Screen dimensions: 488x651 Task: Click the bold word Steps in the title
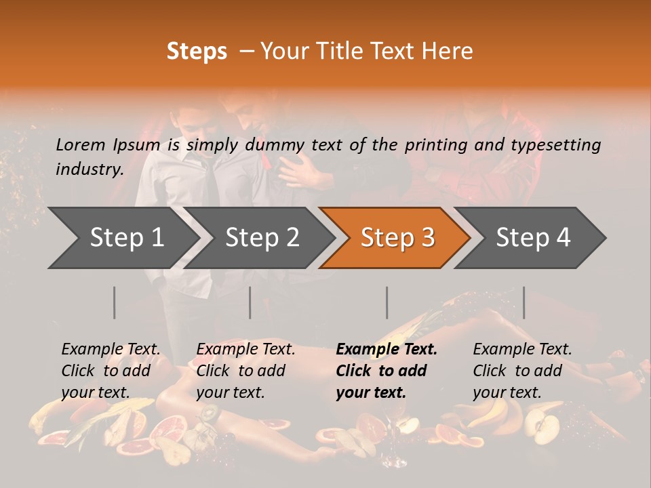coord(197,52)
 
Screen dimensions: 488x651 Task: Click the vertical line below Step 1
coord(115,302)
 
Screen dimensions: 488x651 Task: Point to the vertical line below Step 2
coord(250,302)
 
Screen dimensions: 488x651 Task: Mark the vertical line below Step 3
coord(387,302)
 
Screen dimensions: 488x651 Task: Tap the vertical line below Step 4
coord(524,302)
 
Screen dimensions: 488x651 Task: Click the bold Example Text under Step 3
coord(387,350)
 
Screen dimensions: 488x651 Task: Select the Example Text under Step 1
coord(111,350)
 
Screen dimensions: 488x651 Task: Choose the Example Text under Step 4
coord(522,350)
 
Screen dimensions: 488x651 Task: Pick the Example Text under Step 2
coord(245,350)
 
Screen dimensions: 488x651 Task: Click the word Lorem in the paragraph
coord(80,145)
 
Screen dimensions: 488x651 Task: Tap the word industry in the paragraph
coord(88,169)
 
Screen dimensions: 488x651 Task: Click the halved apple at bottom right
coord(543,428)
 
